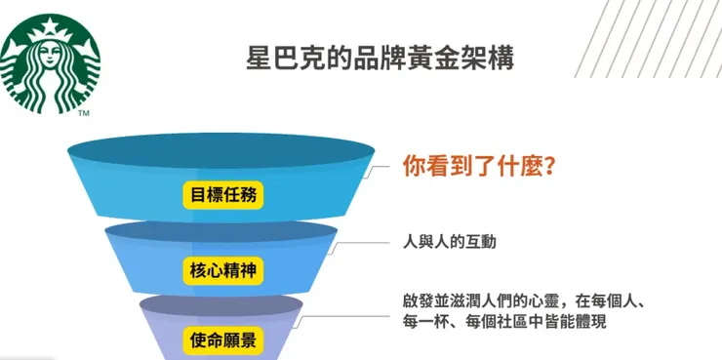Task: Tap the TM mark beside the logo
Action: click(84, 114)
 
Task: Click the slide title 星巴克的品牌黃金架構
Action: click(380, 55)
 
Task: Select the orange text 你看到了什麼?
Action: click(480, 166)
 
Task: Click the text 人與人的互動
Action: click(450, 241)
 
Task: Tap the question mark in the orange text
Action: click(551, 166)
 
